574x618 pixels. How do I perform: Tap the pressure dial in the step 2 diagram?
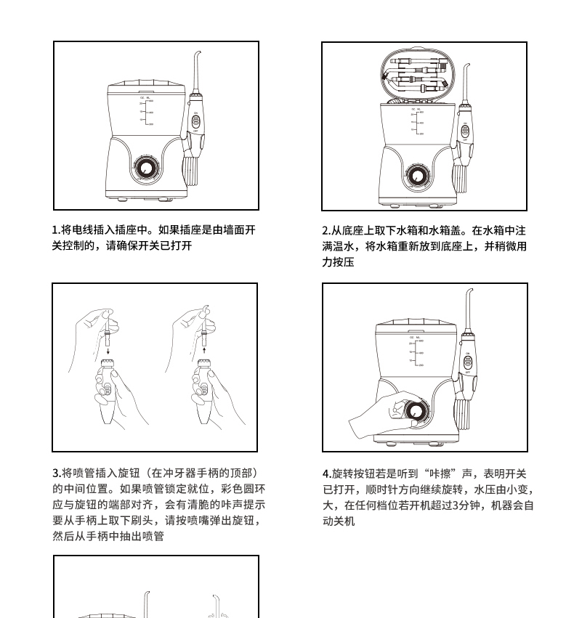pos(416,176)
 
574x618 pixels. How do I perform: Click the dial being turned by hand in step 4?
pos(416,412)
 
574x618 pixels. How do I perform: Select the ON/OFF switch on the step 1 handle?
pos(196,121)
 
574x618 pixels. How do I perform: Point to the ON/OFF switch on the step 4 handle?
pos(468,362)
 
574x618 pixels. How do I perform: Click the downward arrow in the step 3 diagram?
pos(108,350)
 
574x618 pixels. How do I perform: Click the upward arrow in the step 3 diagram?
pos(204,350)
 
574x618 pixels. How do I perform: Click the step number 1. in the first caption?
pos(57,229)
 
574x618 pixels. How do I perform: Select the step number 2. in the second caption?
pos(326,230)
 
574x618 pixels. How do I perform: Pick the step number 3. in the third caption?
pos(57,473)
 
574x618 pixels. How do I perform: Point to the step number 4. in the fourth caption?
pos(327,473)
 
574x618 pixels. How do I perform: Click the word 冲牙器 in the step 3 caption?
pos(180,473)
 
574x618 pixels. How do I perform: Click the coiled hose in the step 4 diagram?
pos(463,414)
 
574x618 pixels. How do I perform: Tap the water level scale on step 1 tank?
pos(146,111)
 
